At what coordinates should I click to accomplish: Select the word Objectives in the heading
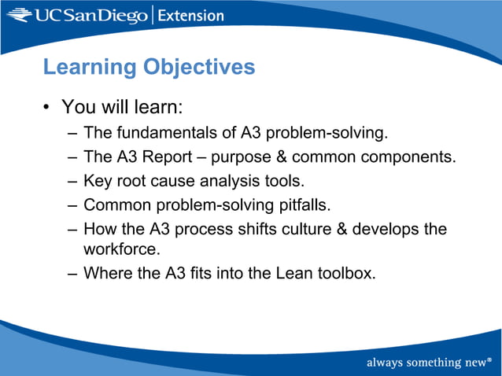[x=198, y=68]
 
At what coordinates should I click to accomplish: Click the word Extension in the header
[x=191, y=15]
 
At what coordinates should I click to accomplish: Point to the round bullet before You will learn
[x=47, y=106]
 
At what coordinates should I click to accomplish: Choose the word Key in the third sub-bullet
[x=97, y=181]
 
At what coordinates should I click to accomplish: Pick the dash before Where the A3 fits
[x=72, y=274]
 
